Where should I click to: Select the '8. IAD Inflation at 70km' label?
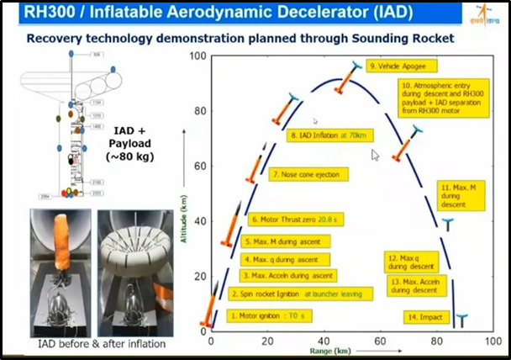coord(329,135)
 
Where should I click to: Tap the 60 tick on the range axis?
coord(380,341)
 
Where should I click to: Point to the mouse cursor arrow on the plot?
coord(375,155)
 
